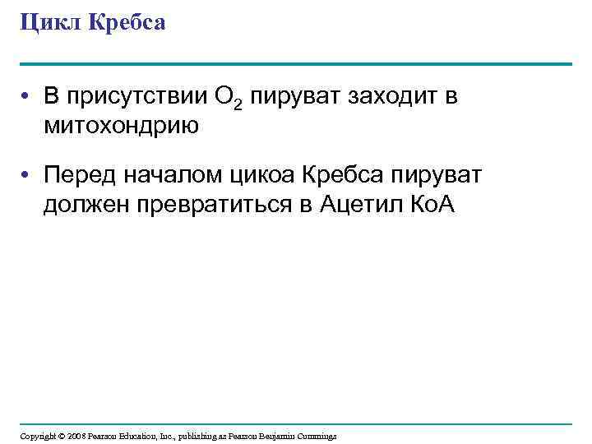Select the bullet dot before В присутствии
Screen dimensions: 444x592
tap(27, 99)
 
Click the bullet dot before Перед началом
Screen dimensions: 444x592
tap(27, 175)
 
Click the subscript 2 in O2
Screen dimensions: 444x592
tap(240, 104)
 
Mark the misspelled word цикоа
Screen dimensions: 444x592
tap(262, 174)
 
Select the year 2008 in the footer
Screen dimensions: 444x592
tap(76, 436)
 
